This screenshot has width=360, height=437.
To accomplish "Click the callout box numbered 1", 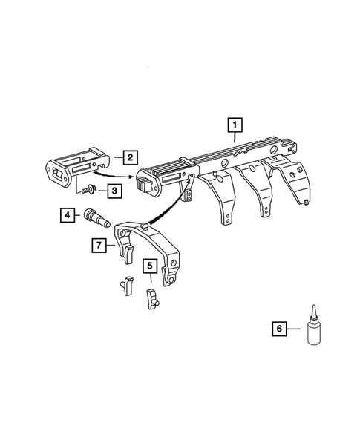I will point(235,125).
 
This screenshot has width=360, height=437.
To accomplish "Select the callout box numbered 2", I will point(128,157).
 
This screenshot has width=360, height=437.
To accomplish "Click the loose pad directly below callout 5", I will point(151,299).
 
